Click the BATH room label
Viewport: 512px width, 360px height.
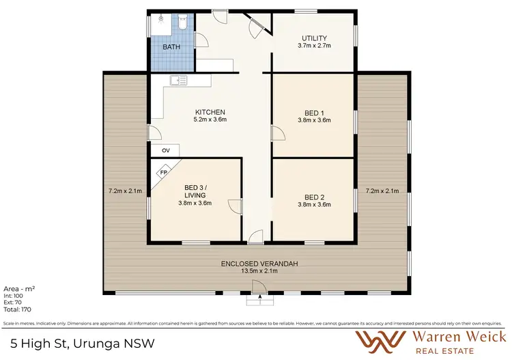click(171, 48)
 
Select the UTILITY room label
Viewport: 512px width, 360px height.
click(314, 38)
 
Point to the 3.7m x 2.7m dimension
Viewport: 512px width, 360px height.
click(314, 46)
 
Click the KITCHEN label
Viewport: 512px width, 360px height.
click(210, 112)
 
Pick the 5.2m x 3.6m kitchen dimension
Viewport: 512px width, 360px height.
click(210, 120)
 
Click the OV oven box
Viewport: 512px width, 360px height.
click(165, 150)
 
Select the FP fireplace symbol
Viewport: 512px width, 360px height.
click(163, 173)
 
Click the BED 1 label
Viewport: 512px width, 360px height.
click(314, 112)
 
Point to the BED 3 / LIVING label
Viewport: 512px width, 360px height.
click(195, 191)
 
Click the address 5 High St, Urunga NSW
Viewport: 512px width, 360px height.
click(83, 341)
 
